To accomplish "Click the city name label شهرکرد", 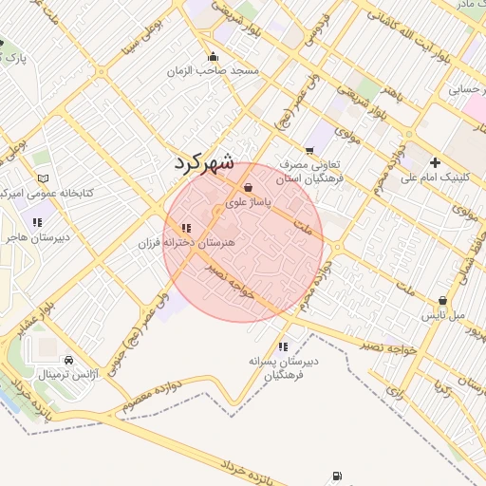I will [203, 161].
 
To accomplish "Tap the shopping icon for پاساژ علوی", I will [249, 188].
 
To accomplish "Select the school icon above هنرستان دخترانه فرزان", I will [185, 229].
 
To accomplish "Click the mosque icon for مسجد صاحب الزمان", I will [213, 56].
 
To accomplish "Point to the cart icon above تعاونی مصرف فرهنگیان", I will [309, 150].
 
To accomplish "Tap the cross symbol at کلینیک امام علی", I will [435, 162].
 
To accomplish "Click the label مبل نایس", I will [443, 313].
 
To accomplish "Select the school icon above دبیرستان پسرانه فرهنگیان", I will [283, 346].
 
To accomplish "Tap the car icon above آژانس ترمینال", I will [69, 362].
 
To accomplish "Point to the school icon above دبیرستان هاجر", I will [37, 222].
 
